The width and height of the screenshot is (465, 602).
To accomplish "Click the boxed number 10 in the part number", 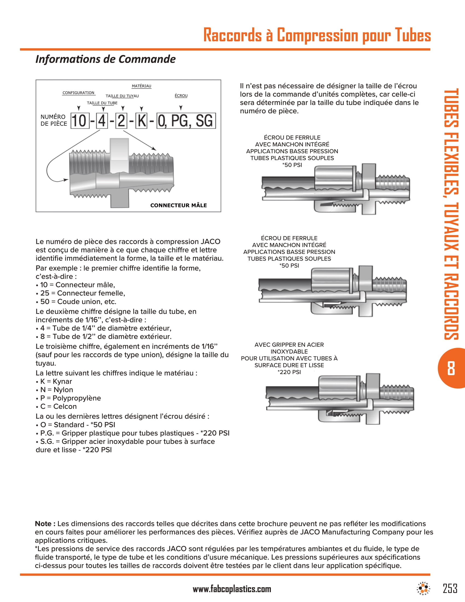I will click(x=80, y=121).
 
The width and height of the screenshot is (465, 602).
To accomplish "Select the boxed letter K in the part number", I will click(x=142, y=121).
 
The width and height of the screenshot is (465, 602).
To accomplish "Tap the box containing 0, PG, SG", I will click(x=186, y=121).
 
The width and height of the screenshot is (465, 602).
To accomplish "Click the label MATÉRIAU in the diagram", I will click(x=141, y=86).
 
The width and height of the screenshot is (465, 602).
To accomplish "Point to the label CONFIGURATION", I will click(x=79, y=93).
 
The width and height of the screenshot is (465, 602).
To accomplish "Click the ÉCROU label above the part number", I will click(x=181, y=96).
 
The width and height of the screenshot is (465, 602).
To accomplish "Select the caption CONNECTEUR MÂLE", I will click(x=178, y=205).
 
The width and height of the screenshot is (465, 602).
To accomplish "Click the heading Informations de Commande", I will click(x=106, y=59).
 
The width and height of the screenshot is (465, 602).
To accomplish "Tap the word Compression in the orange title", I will click(x=317, y=35).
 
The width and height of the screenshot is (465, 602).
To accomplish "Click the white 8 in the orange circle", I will click(x=451, y=368).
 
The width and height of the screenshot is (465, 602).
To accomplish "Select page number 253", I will click(x=450, y=589).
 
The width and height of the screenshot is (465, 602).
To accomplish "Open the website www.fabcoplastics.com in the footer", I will click(x=232, y=589).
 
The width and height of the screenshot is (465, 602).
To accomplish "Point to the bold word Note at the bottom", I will click(x=45, y=524).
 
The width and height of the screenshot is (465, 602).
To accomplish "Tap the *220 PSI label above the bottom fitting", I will click(x=289, y=372).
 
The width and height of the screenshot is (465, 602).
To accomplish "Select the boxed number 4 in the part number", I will click(x=102, y=121).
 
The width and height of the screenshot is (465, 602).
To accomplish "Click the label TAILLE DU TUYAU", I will click(x=122, y=96).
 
